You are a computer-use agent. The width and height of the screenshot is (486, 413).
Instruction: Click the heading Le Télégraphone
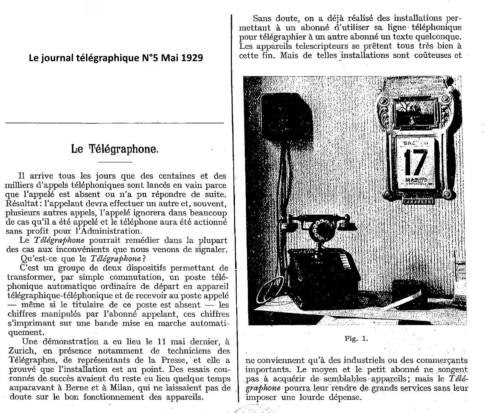tap(115, 149)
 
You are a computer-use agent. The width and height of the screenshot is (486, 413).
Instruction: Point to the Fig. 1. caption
tap(356, 339)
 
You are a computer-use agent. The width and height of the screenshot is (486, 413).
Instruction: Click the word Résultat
tap(20, 203)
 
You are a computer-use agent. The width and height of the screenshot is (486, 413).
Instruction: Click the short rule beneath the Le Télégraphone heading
tap(115, 162)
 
